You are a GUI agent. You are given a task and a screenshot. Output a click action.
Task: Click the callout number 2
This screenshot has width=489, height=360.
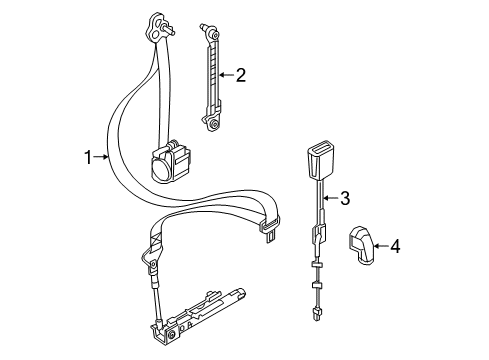pyautogui.click(x=240, y=74)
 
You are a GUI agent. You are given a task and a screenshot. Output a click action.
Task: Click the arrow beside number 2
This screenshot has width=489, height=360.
pyautogui.click(x=225, y=74)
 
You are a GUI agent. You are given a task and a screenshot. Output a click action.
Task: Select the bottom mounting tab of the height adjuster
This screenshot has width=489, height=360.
pyautogui.click(x=214, y=123)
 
